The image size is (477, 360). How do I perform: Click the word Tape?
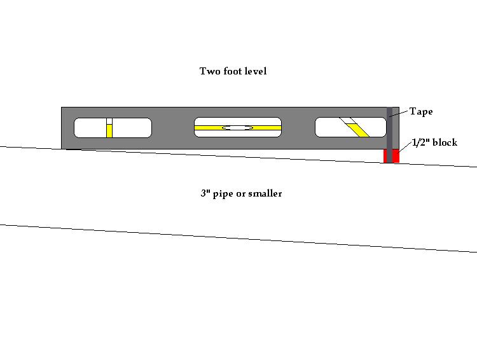coord(421,112)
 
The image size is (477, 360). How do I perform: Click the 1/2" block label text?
coord(434,142)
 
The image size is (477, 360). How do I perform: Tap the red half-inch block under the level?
coord(391,156)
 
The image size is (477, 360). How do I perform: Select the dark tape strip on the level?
coord(389,135)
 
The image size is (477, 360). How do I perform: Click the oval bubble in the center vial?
coord(238,128)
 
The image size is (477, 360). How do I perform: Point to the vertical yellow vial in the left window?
coord(109,131)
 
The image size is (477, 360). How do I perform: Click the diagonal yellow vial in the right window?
coord(358,130)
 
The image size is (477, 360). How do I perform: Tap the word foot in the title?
coord(232,71)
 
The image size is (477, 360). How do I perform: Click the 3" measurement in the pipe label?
coord(205,193)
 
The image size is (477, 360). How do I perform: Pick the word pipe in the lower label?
coord(221,194)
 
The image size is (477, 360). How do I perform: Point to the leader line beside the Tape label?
coord(398,114)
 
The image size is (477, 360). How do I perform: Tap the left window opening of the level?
coord(113,128)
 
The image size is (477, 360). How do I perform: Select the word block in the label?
coord(445,142)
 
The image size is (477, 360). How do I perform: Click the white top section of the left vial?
coord(109,121)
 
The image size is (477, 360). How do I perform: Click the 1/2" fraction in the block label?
coord(421,142)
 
